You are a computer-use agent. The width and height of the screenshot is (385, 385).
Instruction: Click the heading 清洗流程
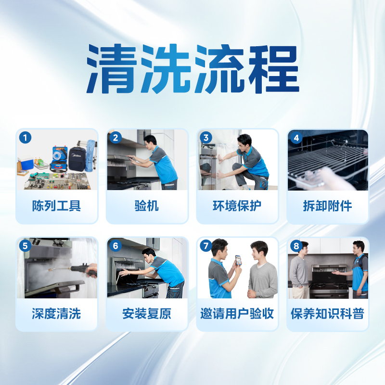192,70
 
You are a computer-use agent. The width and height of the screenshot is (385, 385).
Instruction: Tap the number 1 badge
25,138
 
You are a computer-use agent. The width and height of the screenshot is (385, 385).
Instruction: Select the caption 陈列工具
57,206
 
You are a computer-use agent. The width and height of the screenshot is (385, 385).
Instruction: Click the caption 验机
147,206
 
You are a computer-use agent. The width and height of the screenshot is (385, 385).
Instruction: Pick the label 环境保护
237,206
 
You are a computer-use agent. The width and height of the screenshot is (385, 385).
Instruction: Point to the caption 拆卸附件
327,206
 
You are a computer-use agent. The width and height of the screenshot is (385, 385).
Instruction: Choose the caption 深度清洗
57,314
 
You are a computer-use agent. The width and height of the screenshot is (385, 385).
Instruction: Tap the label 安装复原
147,314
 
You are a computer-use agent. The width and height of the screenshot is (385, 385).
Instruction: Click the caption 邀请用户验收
237,314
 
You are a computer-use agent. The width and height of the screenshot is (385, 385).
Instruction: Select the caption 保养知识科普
327,314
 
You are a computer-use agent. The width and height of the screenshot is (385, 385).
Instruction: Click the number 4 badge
296,138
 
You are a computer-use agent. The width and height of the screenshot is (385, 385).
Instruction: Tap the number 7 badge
206,246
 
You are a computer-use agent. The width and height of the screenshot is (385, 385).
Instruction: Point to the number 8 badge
296,246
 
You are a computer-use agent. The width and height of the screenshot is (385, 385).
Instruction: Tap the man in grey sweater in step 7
262,274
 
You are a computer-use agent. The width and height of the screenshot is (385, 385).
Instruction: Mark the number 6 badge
115,246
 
